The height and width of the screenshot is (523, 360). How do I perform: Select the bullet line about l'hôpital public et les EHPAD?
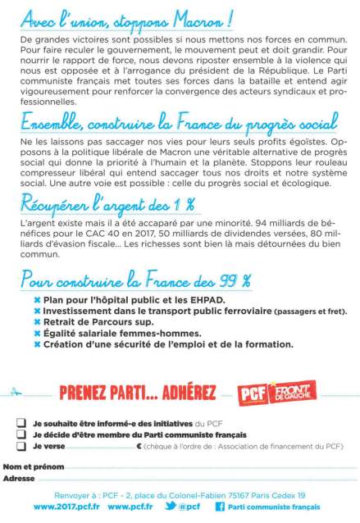click(123, 301)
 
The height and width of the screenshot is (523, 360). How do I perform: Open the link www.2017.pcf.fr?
click(66, 507)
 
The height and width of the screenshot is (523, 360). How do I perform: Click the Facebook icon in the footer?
click(220, 507)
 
